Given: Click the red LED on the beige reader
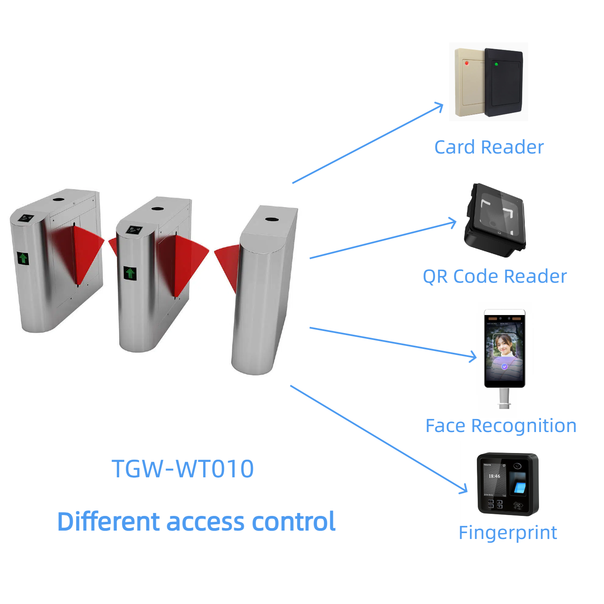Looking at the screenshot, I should tap(466, 63).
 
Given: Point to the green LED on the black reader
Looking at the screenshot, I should tap(497, 64).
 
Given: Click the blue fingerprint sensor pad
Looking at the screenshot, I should tap(520, 487).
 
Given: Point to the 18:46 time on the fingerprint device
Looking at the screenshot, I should tap(494, 476).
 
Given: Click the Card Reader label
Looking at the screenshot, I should tap(489, 147).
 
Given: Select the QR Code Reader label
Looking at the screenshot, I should tap(495, 276).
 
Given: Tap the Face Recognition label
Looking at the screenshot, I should tap(501, 426).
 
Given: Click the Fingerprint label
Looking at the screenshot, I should tap(508, 533).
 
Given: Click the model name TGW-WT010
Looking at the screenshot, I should tap(183, 469).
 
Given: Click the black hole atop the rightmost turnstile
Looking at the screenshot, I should tap(272, 219).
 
